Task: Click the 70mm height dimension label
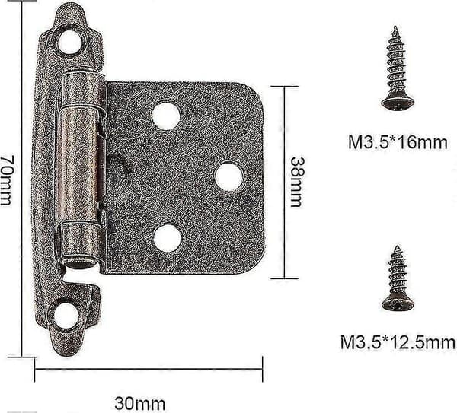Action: pyautogui.click(x=6, y=179)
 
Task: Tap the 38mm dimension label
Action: pyautogui.click(x=298, y=182)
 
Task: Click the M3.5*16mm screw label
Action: pyautogui.click(x=398, y=142)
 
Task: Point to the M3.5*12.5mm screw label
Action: pyautogui.click(x=398, y=342)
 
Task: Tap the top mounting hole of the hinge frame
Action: pyautogui.click(x=69, y=42)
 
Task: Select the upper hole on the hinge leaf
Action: pyautogui.click(x=166, y=116)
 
